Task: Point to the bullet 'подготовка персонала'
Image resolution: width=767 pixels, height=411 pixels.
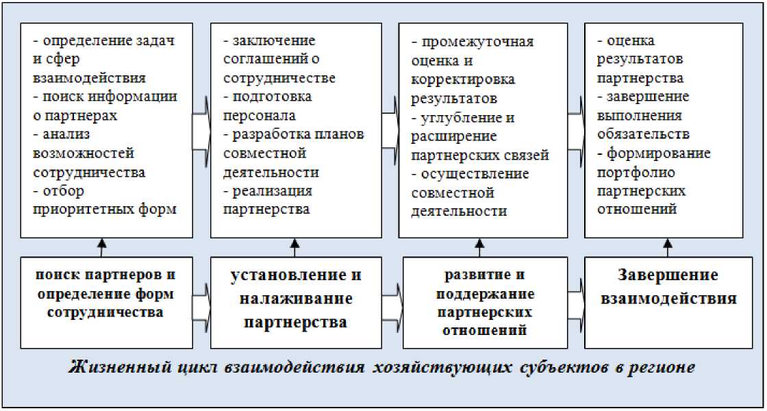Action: click(x=268, y=105)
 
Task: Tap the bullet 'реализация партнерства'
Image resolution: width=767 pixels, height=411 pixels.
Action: click(x=268, y=199)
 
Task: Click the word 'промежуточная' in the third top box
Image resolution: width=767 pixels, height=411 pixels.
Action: click(x=477, y=42)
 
